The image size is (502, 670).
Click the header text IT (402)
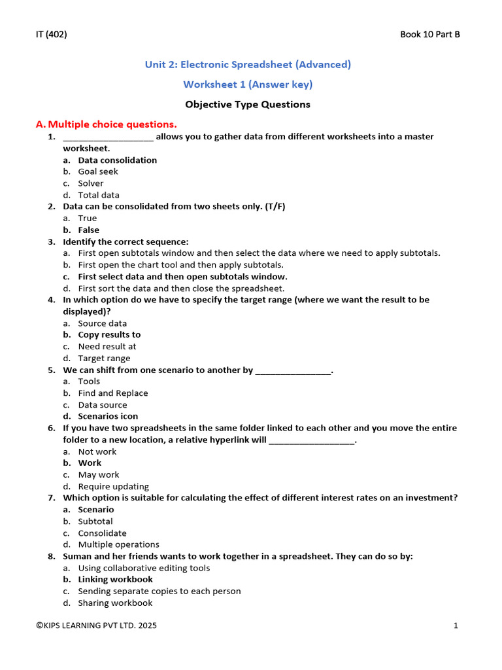(x=51, y=35)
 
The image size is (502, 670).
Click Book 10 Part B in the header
(x=429, y=35)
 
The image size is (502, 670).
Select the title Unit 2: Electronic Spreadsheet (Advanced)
(x=248, y=64)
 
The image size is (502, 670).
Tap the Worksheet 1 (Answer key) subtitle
(x=248, y=84)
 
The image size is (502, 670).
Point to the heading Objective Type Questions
(x=248, y=105)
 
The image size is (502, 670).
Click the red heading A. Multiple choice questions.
(x=106, y=124)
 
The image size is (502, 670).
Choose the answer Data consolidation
(x=117, y=160)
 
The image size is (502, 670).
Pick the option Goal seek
(x=98, y=171)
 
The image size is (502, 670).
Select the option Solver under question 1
(x=91, y=183)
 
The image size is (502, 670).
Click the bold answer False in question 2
(x=89, y=230)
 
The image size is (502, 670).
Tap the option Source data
(x=103, y=323)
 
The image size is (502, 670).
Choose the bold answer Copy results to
(x=109, y=335)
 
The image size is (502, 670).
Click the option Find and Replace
(x=113, y=393)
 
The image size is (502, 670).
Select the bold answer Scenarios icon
(x=108, y=416)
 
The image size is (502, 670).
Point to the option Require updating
(x=114, y=487)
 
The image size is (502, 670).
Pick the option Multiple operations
(x=118, y=544)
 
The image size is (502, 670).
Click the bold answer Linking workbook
(x=115, y=580)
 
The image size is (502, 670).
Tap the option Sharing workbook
(x=115, y=603)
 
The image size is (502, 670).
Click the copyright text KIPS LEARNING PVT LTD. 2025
(x=97, y=626)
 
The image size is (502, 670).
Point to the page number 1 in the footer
(x=456, y=626)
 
